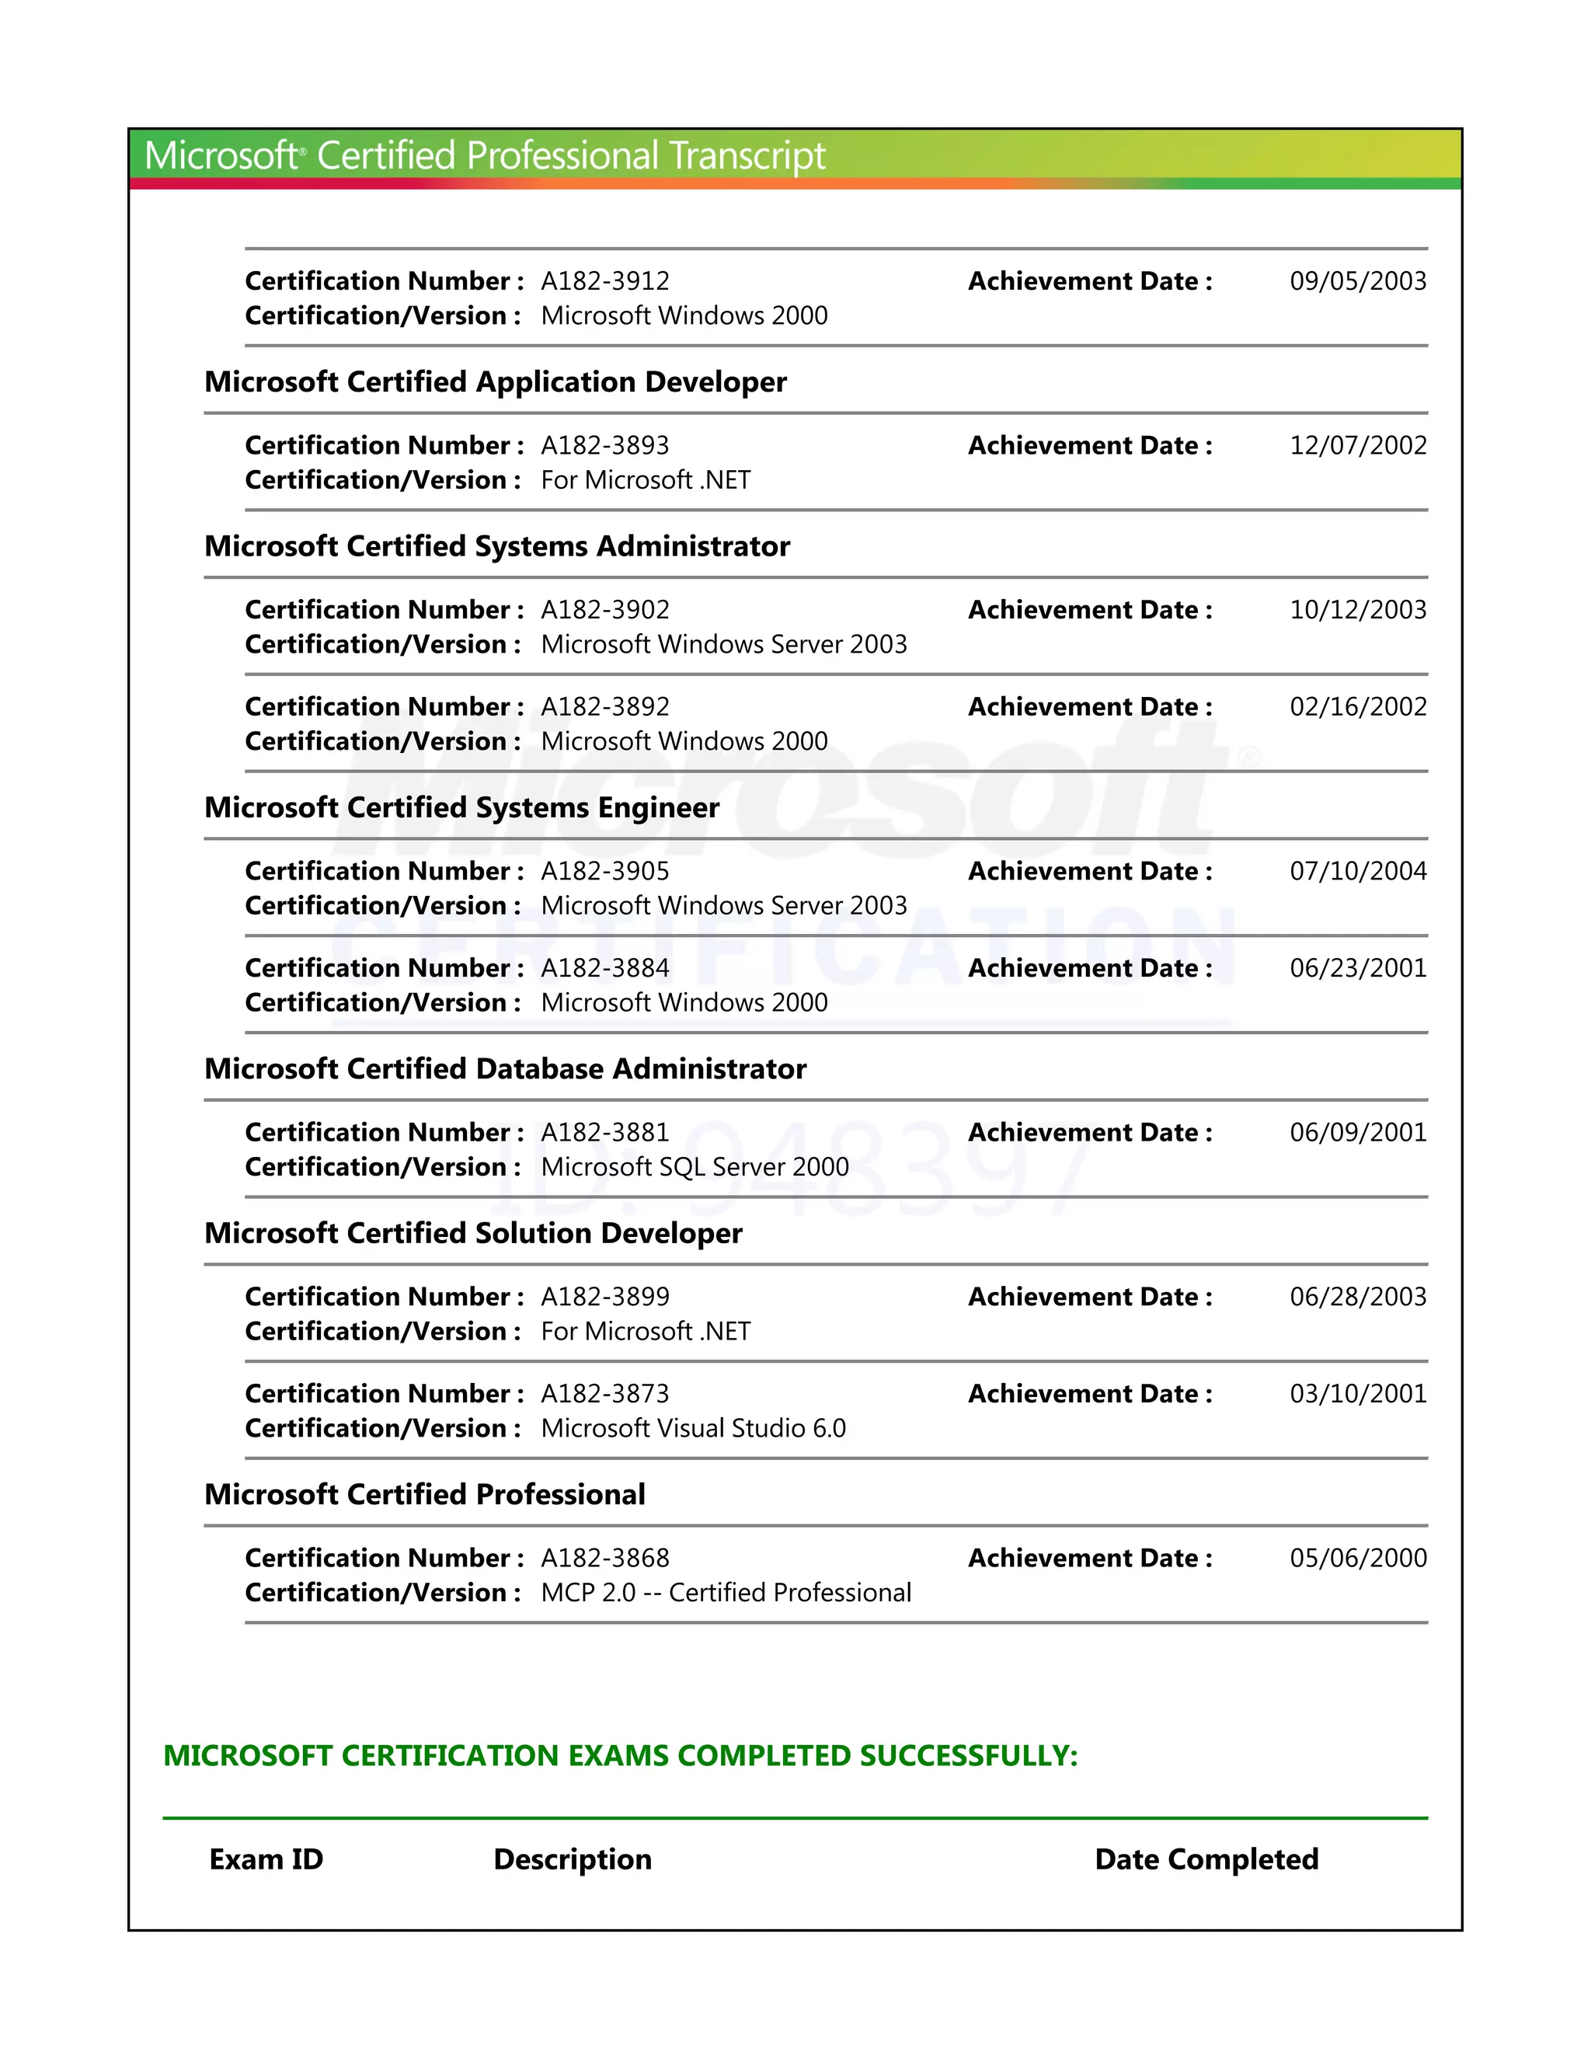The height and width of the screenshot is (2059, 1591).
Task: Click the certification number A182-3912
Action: (x=605, y=281)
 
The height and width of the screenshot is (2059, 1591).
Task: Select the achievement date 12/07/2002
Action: (x=1357, y=445)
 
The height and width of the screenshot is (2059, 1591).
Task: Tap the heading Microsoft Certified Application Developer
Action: (x=495, y=381)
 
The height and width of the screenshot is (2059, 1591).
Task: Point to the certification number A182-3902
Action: (x=605, y=610)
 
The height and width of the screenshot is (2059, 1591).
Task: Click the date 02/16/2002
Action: (x=1357, y=707)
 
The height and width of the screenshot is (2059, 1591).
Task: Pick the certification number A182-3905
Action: (x=605, y=871)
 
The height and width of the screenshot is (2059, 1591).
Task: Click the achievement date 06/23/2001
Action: (x=1357, y=968)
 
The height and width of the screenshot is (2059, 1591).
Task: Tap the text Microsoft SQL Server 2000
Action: (x=695, y=1167)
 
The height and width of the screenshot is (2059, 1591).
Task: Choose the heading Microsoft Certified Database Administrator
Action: (x=505, y=1069)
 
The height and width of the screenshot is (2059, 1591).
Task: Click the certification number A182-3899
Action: (x=605, y=1298)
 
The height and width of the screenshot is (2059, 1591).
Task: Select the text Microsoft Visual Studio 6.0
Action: (x=693, y=1428)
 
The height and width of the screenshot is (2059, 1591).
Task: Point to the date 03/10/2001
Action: (x=1357, y=1395)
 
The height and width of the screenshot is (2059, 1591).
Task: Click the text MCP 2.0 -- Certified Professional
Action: (x=726, y=1594)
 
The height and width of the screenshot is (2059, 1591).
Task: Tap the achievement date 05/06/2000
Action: (x=1357, y=1559)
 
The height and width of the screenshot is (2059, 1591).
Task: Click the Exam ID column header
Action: (x=266, y=1859)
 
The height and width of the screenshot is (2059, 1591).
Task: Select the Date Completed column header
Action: (x=1206, y=1859)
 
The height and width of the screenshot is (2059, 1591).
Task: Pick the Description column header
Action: (x=572, y=1859)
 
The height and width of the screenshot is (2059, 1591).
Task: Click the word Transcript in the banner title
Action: (x=747, y=156)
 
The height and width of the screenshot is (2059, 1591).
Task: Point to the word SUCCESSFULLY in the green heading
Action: (x=968, y=1755)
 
